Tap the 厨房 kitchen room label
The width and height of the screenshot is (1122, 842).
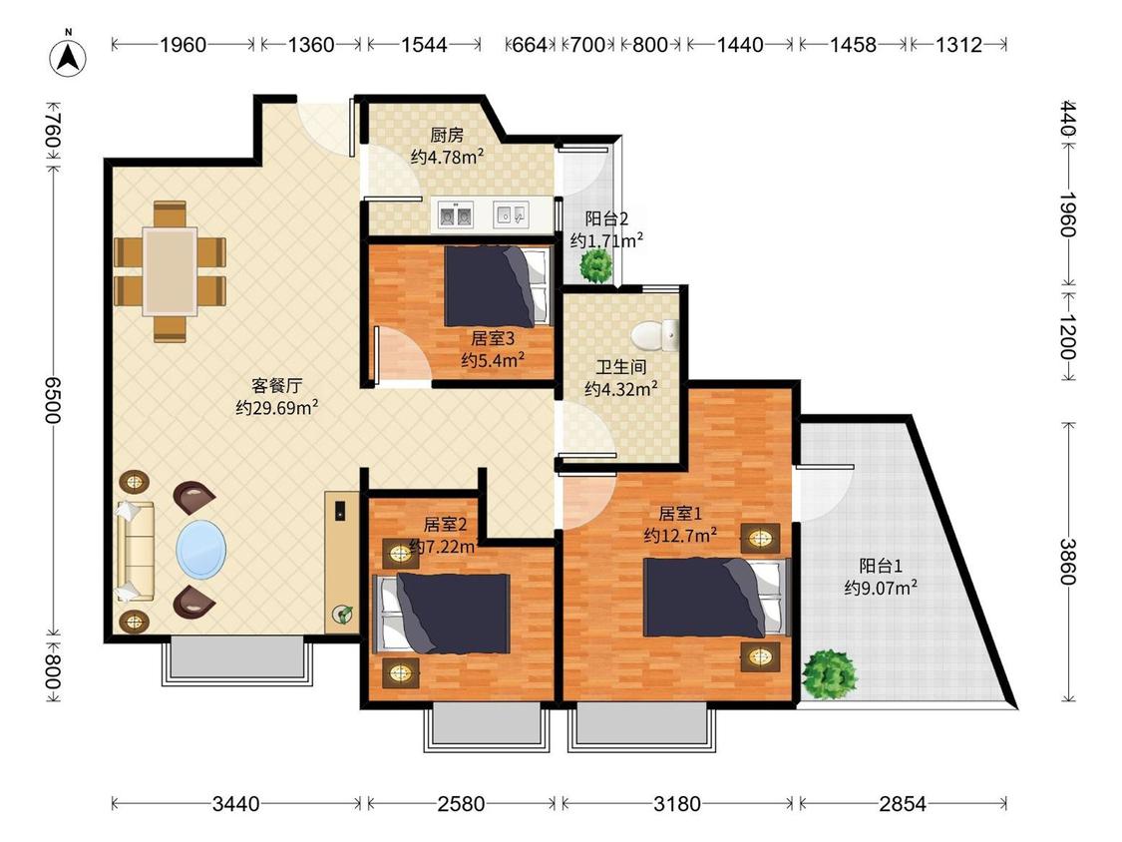447,135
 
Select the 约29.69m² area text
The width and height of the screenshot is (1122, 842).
277,408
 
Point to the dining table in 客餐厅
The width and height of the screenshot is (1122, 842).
170,271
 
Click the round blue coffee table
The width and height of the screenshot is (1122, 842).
201,549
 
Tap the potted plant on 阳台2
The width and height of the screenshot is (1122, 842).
596,265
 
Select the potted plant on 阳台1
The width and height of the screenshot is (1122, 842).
830,673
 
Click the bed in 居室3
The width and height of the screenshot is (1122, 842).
498,286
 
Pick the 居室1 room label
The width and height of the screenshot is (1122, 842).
680,514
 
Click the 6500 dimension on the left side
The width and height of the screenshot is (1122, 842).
54,400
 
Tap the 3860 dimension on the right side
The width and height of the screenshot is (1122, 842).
1068,562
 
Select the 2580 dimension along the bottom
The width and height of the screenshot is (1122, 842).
461,804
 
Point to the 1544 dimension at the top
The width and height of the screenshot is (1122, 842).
424,45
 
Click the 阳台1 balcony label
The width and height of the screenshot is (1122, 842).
880,566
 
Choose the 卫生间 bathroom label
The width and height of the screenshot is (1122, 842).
621,367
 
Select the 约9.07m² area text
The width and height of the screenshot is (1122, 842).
881,588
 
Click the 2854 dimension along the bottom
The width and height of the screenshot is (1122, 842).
903,804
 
